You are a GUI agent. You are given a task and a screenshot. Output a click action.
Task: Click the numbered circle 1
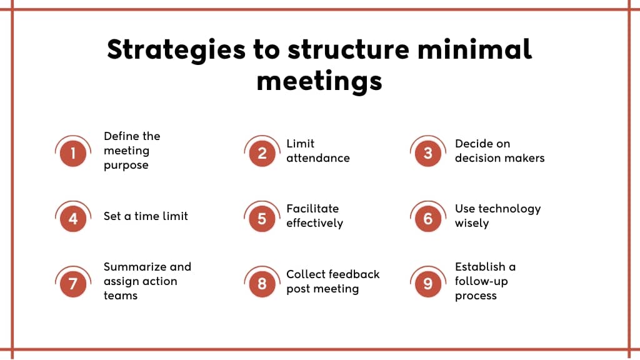[x=73, y=154]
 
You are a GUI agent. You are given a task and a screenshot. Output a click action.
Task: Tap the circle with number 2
[x=262, y=154]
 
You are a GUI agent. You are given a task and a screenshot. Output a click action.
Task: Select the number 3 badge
[x=427, y=154]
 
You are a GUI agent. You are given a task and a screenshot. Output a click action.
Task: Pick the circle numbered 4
[x=73, y=219]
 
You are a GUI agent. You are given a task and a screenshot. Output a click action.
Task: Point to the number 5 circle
[x=262, y=219]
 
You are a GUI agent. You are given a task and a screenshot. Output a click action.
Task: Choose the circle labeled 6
[x=427, y=219]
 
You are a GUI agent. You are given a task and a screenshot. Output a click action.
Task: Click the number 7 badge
[x=73, y=284]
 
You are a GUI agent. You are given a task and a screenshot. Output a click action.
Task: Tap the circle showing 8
[x=262, y=284]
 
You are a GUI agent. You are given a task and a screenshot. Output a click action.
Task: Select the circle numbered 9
[x=427, y=284]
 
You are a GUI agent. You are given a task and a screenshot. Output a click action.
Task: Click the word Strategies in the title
[x=176, y=51]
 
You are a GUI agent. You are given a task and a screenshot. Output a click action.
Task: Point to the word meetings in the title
[x=319, y=82]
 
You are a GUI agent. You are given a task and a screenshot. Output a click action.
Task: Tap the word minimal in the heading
[x=475, y=49]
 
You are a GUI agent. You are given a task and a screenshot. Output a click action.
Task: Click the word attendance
[x=318, y=158]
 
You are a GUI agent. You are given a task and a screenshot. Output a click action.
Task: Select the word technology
[x=509, y=209]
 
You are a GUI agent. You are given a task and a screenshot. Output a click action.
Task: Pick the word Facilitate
[x=312, y=209]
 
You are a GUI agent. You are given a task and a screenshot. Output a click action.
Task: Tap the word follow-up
[x=481, y=282]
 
